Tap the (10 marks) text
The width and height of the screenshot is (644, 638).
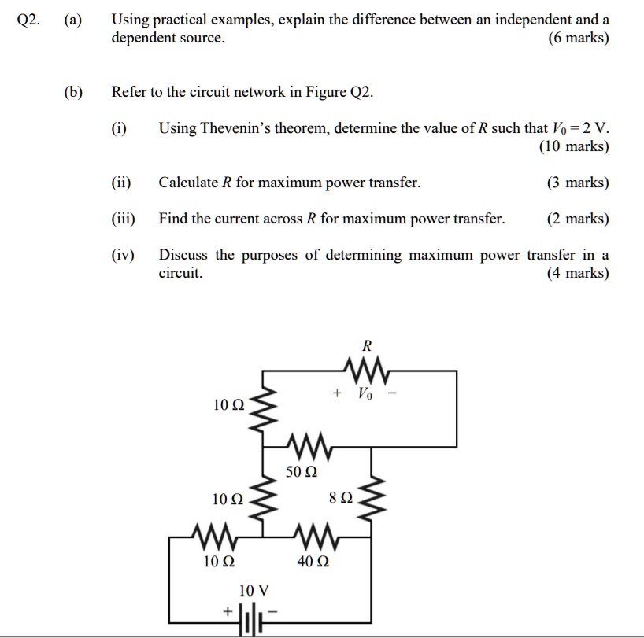(x=573, y=146)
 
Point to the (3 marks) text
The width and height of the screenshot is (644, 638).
(x=578, y=183)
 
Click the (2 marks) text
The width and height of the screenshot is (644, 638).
(x=578, y=219)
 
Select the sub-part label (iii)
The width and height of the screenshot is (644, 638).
(x=123, y=219)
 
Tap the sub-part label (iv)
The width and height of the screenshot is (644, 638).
(x=123, y=255)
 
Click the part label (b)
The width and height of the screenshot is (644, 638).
(x=74, y=92)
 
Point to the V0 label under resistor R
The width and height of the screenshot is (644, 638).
(x=365, y=393)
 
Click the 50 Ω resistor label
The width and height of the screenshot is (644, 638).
(x=301, y=472)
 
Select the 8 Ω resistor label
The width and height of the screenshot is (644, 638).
(x=342, y=498)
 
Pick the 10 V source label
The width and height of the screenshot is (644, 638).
(x=253, y=590)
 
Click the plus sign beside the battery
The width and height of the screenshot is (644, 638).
(x=228, y=610)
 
